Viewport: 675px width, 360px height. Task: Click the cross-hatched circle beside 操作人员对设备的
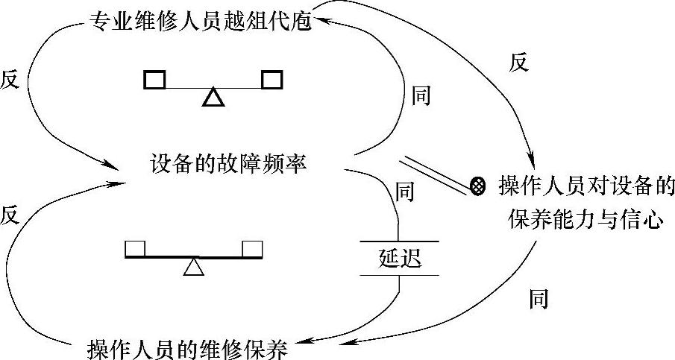point(480,184)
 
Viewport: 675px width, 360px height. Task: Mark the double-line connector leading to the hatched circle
point(436,173)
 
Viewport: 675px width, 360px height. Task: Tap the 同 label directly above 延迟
point(404,192)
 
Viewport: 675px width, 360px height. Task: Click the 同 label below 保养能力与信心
point(539,299)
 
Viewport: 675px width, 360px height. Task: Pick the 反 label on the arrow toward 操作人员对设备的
point(518,63)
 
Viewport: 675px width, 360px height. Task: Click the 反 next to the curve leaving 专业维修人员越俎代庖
point(10,80)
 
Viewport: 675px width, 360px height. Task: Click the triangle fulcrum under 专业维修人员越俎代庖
point(213,97)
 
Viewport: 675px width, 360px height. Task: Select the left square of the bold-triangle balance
point(154,78)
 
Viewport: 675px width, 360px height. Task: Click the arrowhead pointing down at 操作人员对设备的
point(533,162)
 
